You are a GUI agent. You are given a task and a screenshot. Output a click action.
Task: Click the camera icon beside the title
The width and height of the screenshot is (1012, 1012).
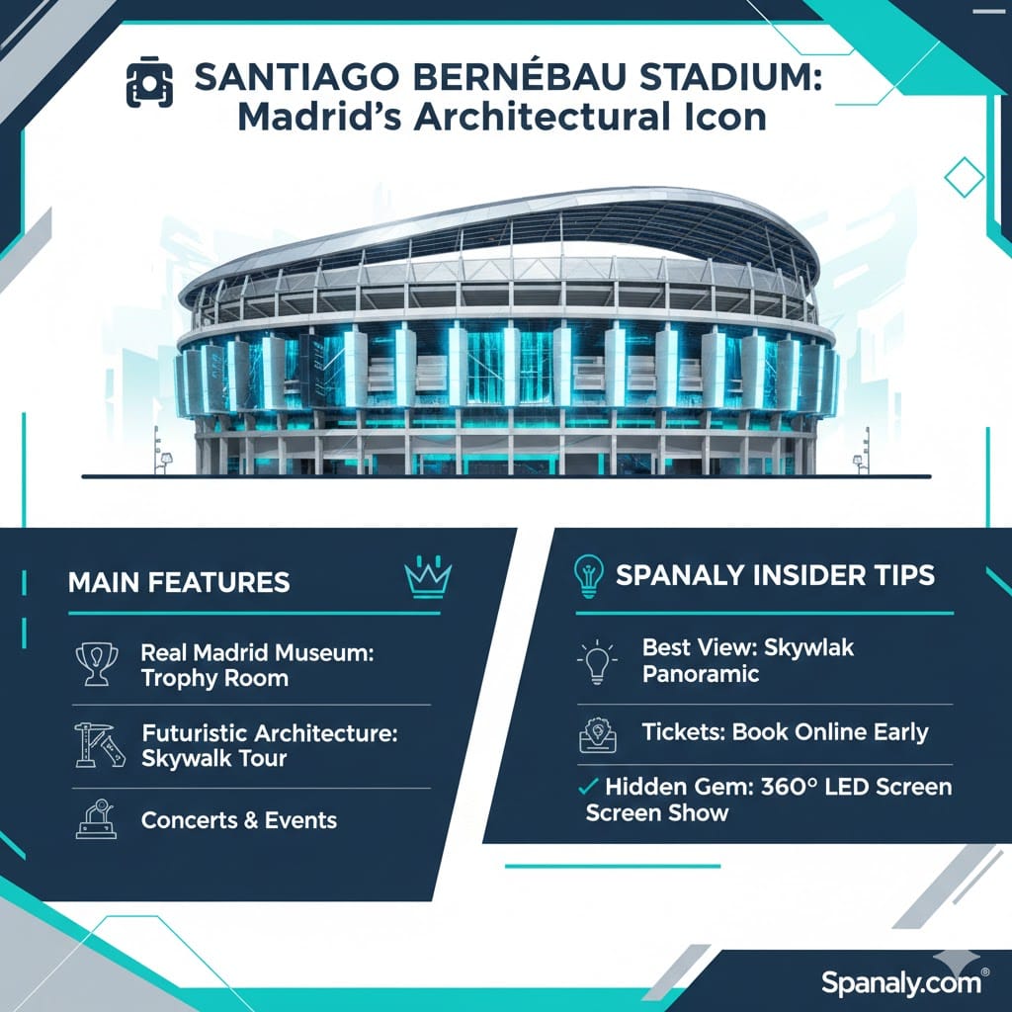click(x=149, y=84)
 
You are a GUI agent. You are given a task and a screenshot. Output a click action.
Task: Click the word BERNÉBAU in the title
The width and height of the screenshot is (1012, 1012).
click(x=518, y=77)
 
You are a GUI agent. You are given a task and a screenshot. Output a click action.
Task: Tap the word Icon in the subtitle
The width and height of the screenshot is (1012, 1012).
click(x=726, y=118)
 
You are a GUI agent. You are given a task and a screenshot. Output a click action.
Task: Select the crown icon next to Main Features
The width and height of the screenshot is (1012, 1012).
click(x=427, y=577)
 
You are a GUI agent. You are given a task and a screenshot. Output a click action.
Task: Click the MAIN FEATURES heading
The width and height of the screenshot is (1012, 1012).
click(x=179, y=582)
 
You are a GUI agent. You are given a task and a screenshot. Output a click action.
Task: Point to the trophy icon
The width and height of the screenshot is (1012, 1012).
click(x=97, y=663)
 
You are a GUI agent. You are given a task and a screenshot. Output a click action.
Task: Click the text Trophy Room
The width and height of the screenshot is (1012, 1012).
click(x=214, y=678)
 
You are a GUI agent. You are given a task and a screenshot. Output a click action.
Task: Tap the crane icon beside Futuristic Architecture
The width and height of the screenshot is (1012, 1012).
click(x=99, y=745)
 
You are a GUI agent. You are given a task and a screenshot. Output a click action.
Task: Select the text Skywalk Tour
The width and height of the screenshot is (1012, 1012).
click(x=213, y=758)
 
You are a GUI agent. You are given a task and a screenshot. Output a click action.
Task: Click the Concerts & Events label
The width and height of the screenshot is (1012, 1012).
click(x=239, y=819)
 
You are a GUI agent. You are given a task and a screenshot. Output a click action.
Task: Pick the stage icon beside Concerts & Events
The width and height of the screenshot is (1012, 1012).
click(x=97, y=818)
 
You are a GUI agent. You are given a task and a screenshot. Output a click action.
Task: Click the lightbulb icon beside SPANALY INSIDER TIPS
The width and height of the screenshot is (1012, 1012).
click(x=589, y=576)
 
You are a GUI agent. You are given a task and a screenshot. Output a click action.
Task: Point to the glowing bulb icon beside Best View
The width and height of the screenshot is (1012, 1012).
click(x=597, y=661)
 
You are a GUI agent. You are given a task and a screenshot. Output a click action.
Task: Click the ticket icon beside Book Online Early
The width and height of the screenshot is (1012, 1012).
click(x=598, y=735)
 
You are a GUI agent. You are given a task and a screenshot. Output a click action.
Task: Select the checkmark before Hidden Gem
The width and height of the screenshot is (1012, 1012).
click(x=588, y=786)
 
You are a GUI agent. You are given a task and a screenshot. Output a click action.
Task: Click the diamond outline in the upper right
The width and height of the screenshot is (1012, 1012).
click(x=964, y=177)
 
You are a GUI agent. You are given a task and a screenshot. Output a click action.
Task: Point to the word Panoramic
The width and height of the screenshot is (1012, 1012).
click(x=701, y=674)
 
